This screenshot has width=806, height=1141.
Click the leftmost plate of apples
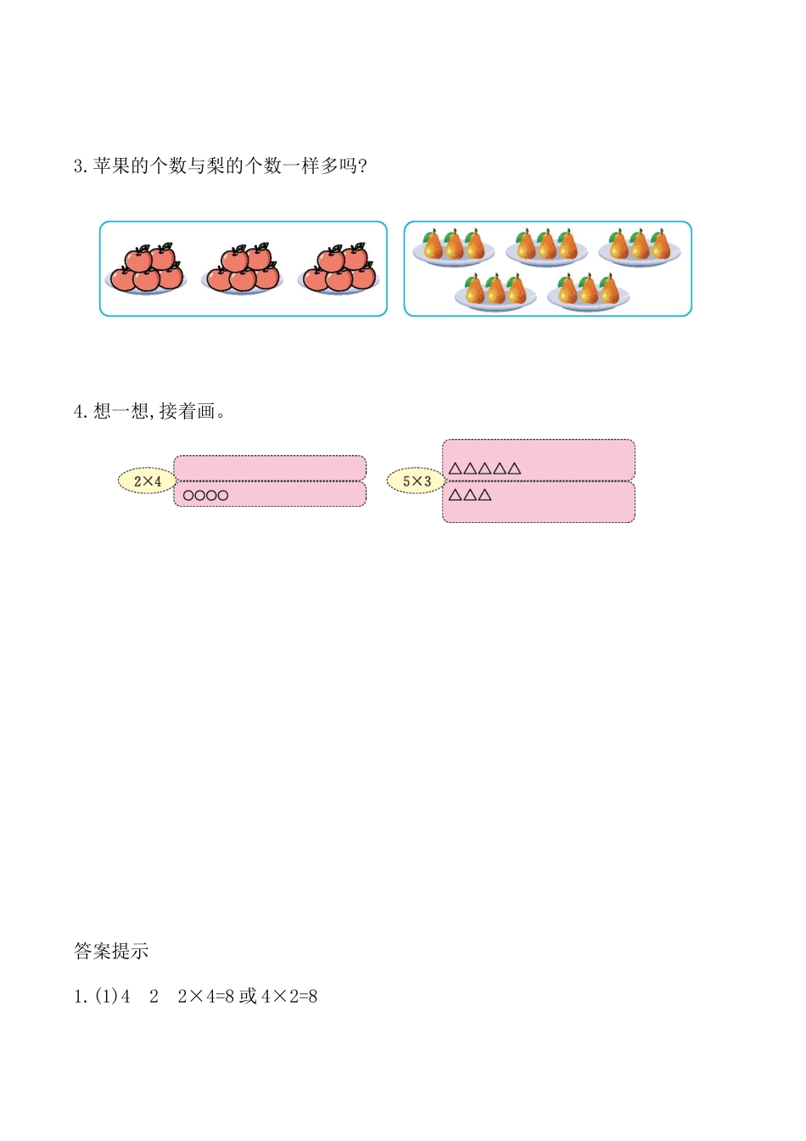tap(147, 269)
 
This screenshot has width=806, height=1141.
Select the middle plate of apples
tap(243, 269)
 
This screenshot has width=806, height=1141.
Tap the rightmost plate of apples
tap(339, 269)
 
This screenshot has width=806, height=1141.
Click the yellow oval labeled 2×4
tap(147, 481)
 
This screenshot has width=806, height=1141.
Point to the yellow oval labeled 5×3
tap(416, 481)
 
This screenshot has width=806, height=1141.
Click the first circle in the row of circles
tap(188, 496)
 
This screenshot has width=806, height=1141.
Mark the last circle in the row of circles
tap(223, 496)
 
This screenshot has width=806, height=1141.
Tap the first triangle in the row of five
tap(455, 469)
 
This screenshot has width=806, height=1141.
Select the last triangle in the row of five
tap(514, 469)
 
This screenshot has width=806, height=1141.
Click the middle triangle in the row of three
tap(470, 495)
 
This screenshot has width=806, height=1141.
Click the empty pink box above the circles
tap(270, 468)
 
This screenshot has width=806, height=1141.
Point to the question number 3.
tap(80, 166)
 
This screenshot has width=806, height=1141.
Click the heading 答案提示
tap(111, 952)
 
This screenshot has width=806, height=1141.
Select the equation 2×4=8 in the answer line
tap(205, 997)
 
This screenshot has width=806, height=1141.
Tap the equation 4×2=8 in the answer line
tap(289, 997)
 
